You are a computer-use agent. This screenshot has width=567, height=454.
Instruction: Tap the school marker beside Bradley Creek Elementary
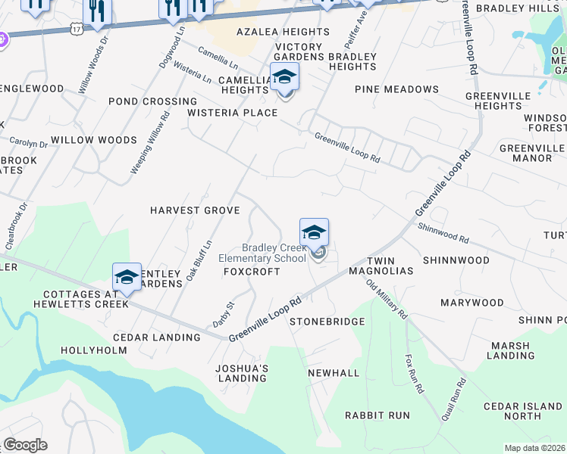314,232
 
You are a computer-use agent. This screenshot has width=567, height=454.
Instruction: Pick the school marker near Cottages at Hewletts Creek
127,277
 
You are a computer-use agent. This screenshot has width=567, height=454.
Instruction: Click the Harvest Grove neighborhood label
195,210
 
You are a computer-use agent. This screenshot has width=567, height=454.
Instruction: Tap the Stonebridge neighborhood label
327,322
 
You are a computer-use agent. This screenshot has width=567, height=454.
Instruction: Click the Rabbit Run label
377,415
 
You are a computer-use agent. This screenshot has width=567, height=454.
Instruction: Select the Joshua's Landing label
243,373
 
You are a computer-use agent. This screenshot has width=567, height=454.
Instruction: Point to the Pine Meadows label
396,89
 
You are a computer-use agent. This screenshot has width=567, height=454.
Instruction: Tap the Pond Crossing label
152,101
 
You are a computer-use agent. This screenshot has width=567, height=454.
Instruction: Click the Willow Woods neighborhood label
94,140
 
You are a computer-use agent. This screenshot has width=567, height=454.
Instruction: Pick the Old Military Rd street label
387,299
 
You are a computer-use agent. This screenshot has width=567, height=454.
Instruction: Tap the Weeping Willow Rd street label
150,143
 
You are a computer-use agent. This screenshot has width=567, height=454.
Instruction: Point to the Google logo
25,445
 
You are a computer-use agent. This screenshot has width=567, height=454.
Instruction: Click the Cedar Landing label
156,337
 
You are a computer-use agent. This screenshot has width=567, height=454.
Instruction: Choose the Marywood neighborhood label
472,303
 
